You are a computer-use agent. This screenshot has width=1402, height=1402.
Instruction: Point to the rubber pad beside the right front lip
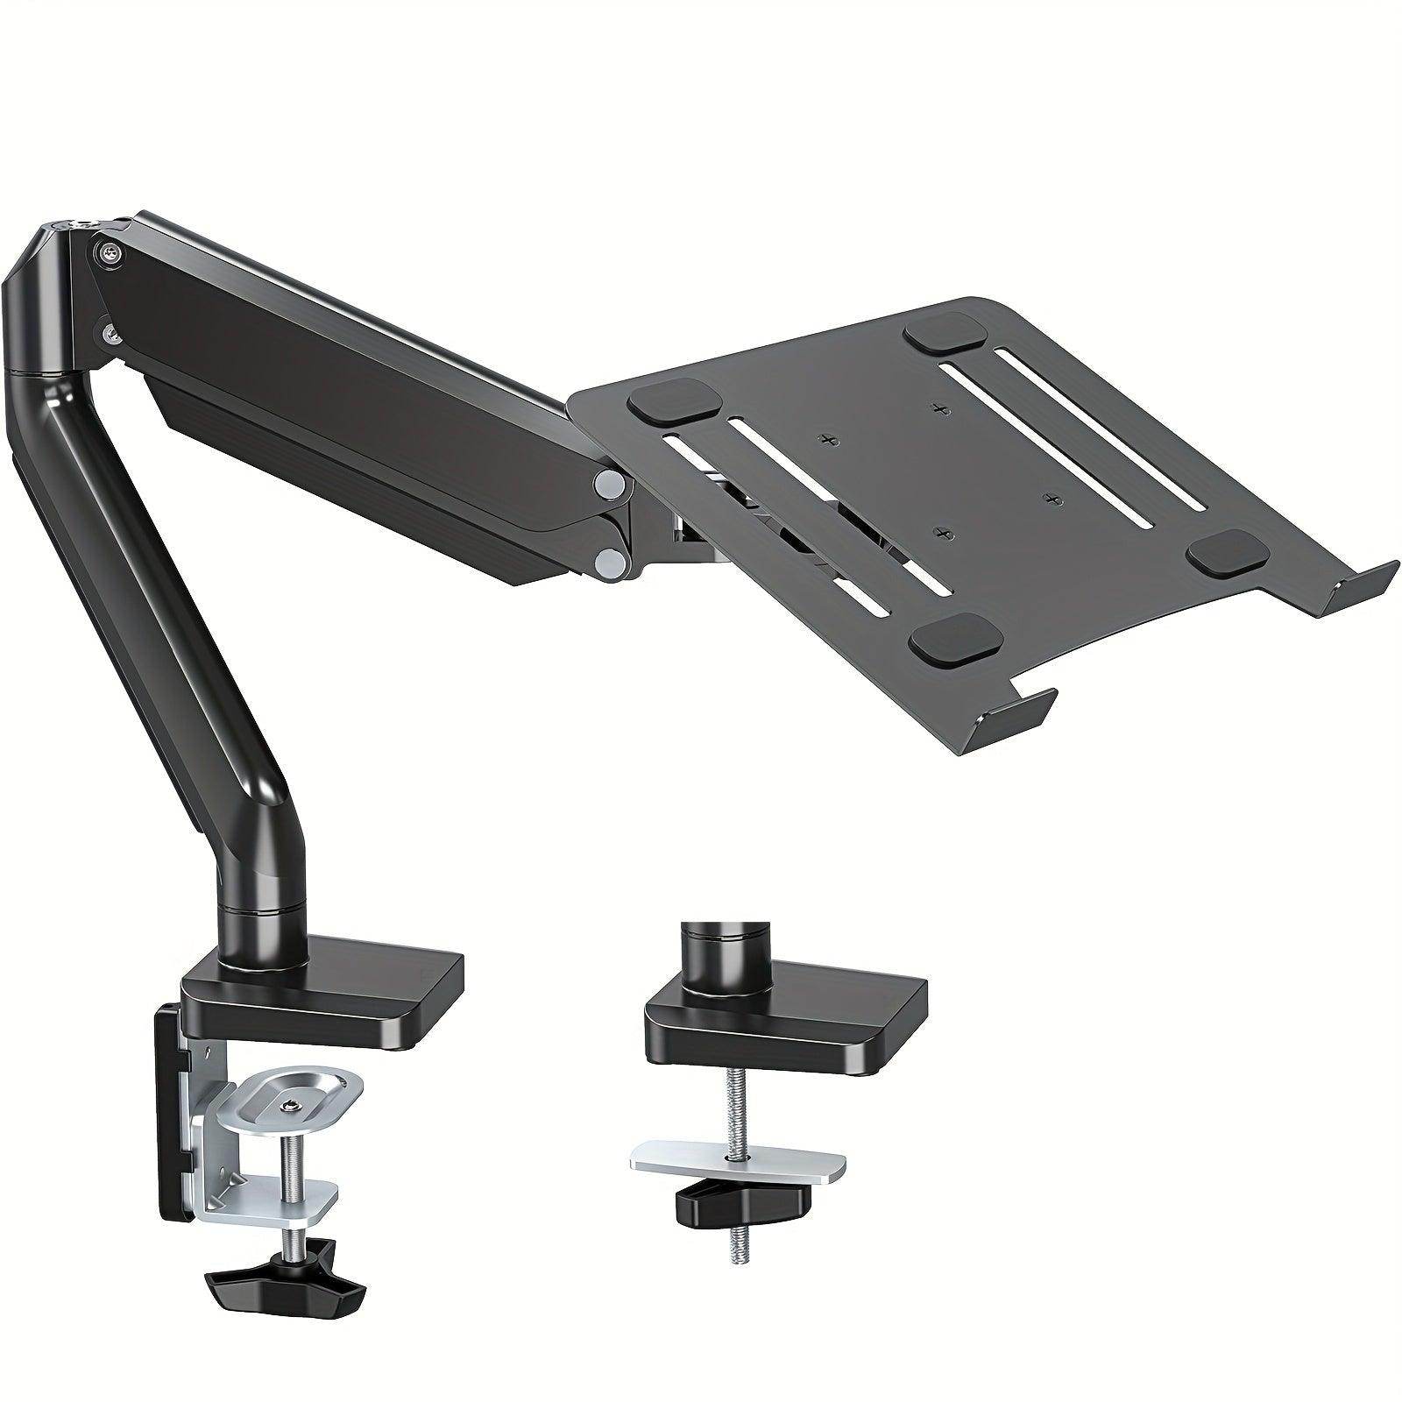pos(1226,551)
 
